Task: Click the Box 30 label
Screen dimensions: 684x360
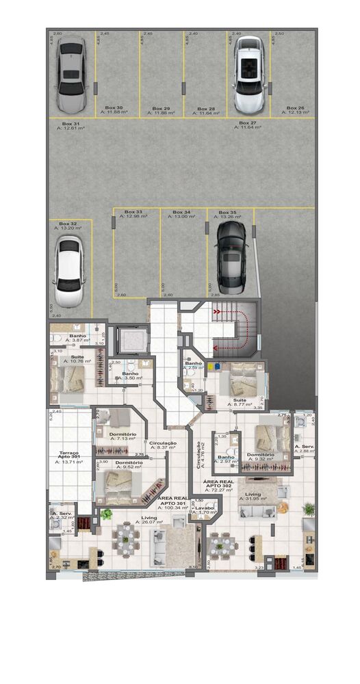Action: tap(114, 110)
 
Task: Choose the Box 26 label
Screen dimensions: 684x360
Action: tap(295, 110)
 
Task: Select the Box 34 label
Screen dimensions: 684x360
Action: tap(181, 215)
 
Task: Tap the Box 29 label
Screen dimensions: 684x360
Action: tap(161, 110)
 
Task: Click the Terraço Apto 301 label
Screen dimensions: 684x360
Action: tap(68, 456)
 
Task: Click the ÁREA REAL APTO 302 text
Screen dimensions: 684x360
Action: tap(220, 486)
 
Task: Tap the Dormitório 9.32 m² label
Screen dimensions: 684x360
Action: tap(261, 457)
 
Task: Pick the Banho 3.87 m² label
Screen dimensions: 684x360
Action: tap(76, 338)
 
